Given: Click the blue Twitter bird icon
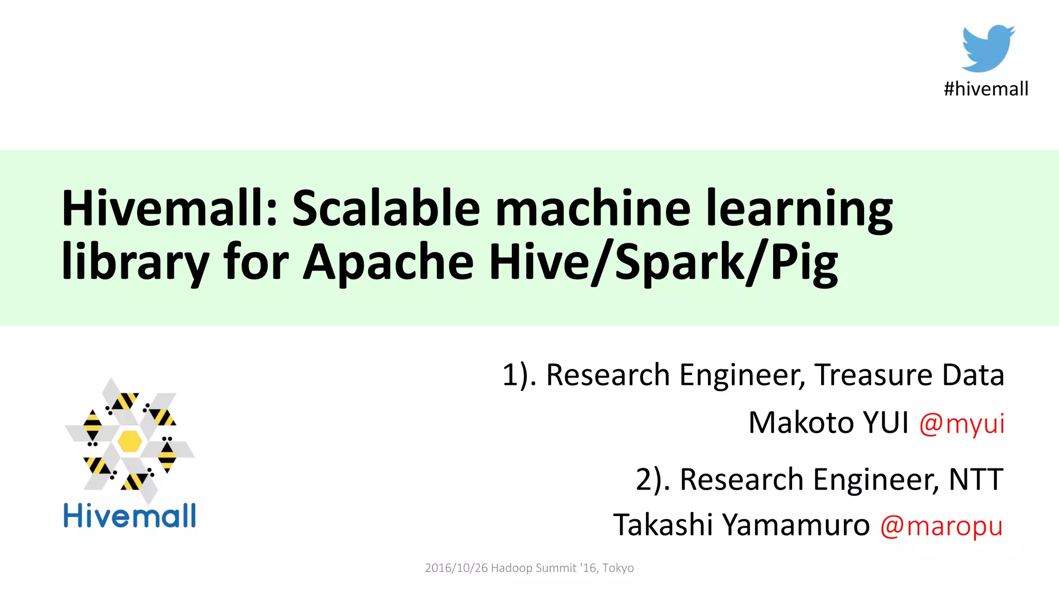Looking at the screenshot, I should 988,48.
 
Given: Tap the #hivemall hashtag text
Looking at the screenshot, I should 986,89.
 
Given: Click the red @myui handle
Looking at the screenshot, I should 961,424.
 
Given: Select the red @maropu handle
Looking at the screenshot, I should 941,526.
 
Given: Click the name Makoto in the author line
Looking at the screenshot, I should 801,423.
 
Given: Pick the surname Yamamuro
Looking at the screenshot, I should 796,525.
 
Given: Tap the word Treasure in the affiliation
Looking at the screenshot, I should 873,375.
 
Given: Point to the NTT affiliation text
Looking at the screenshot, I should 976,479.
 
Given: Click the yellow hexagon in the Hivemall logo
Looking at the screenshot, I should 129,441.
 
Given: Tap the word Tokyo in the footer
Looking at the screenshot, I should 618,568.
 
